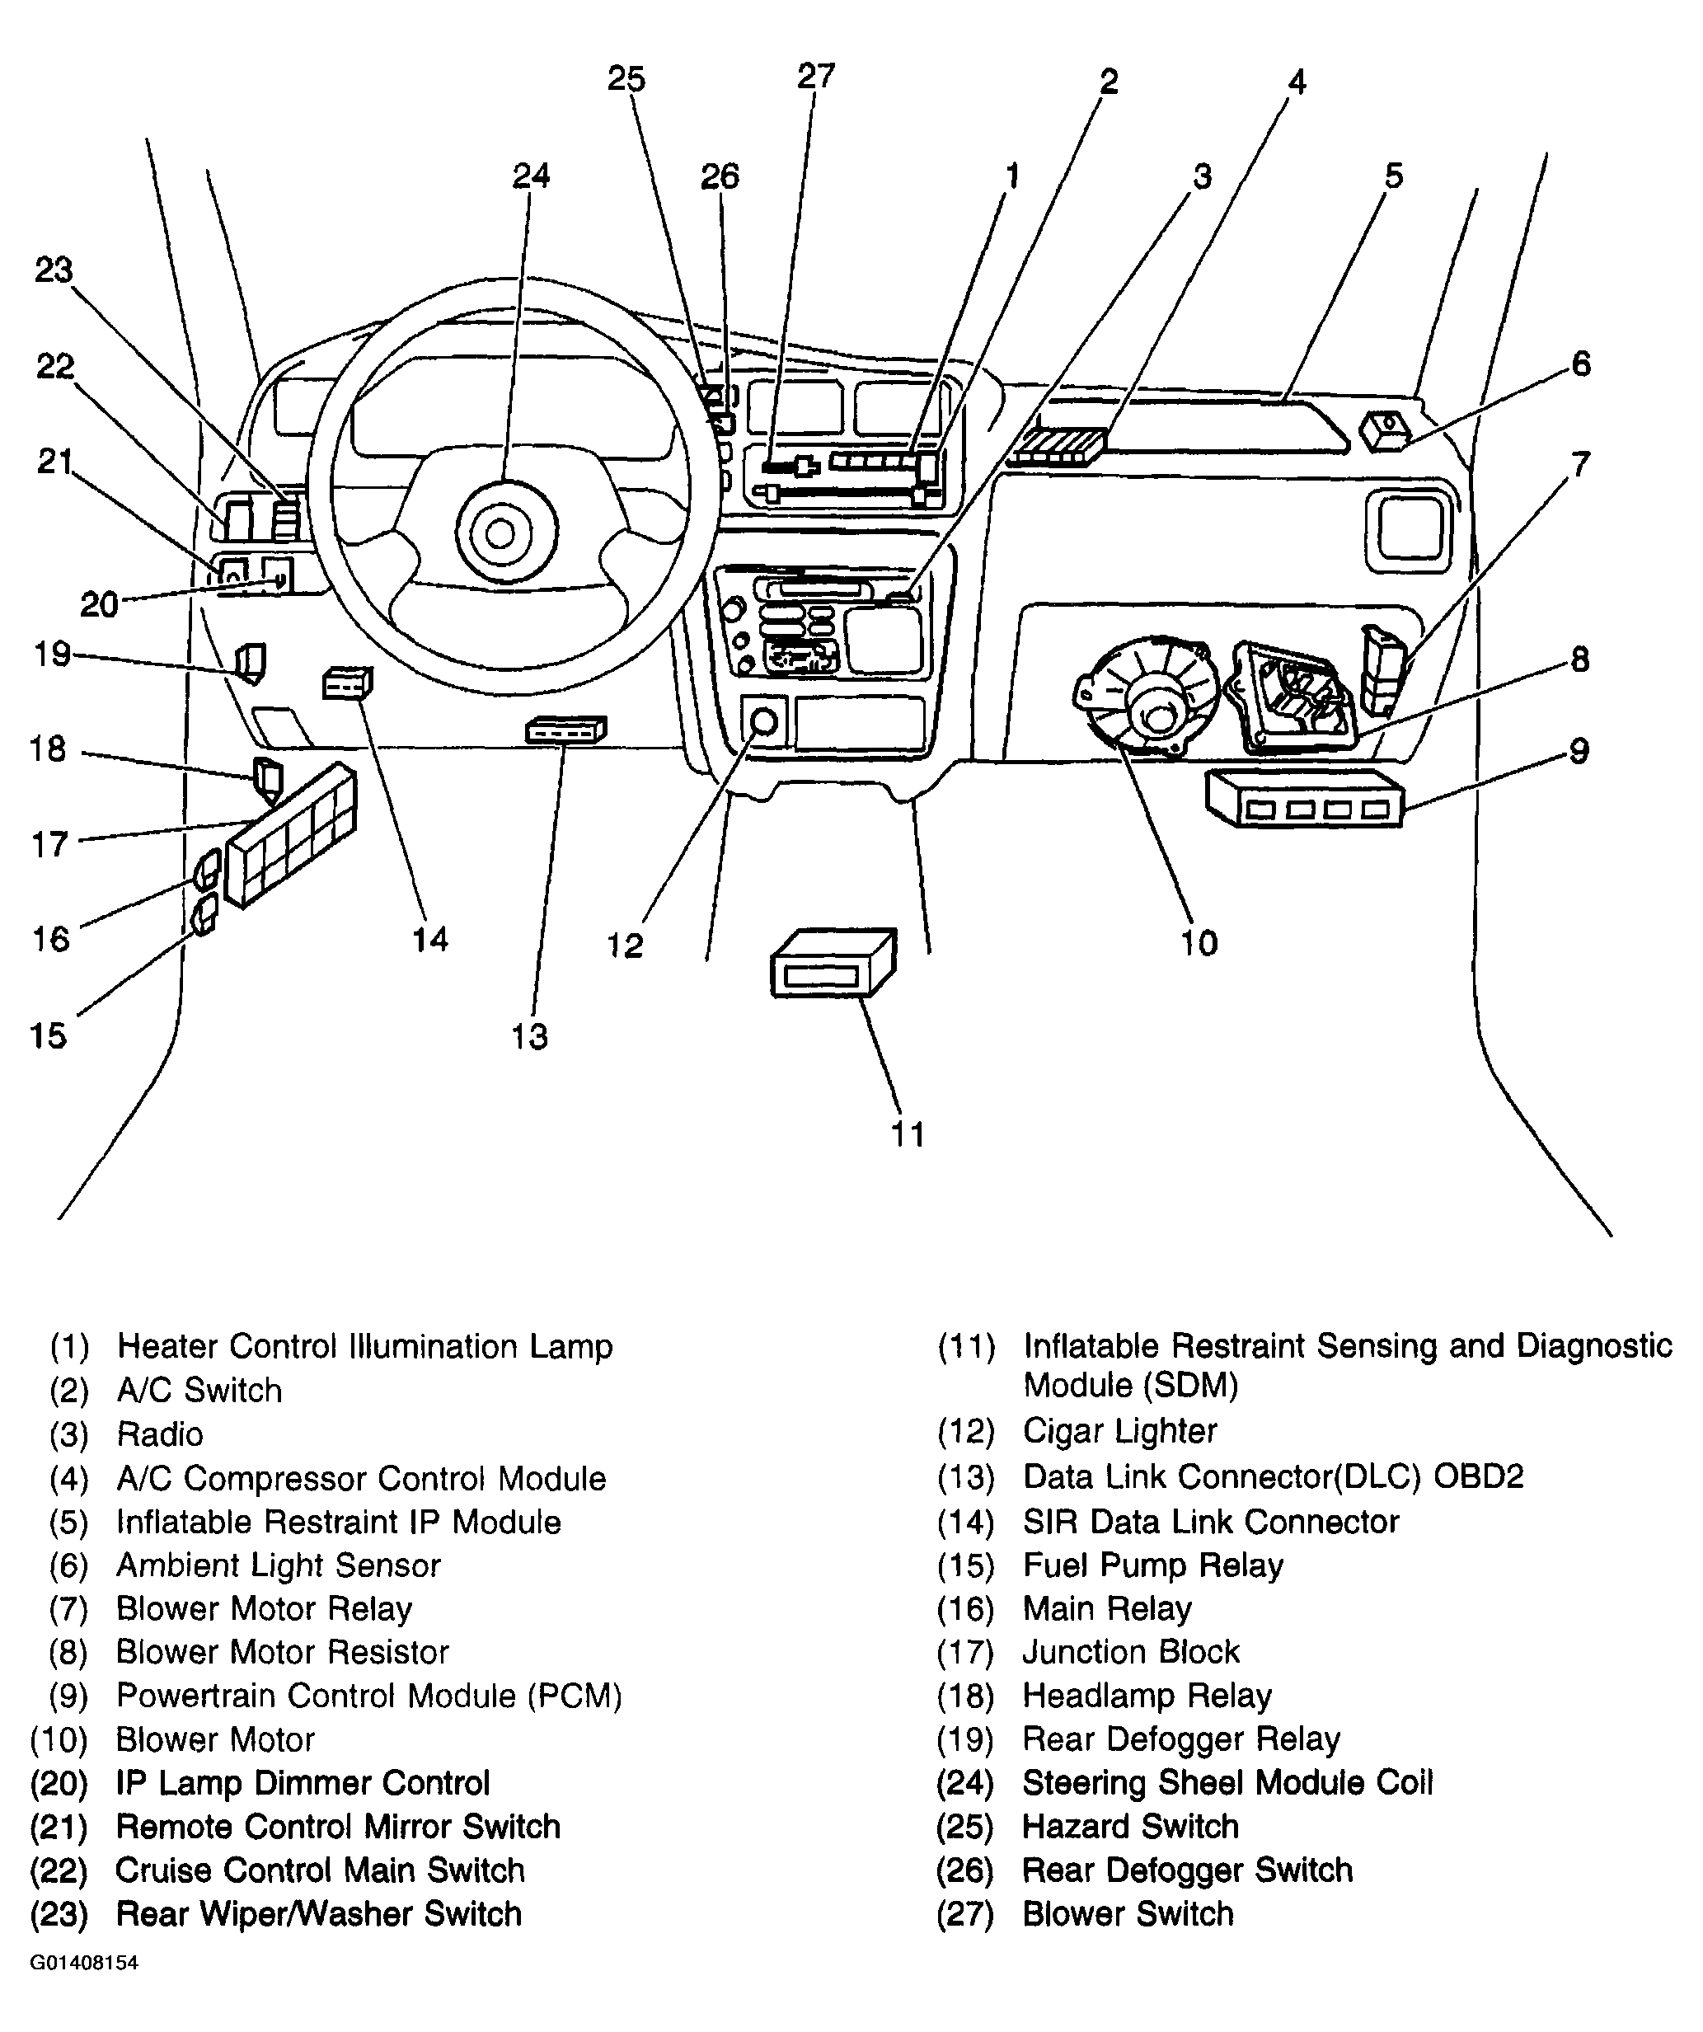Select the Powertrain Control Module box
(1304, 797)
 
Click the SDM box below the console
(833, 963)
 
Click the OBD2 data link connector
(566, 730)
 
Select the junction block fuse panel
(290, 834)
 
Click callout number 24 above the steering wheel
(531, 175)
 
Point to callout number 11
(907, 1133)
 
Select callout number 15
(49, 1035)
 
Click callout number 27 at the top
(816, 76)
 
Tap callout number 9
(1579, 750)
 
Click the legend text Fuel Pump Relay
(1152, 1565)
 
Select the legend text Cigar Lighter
(1119, 1431)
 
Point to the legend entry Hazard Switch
(1130, 1826)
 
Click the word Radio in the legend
(160, 1434)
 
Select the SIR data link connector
(346, 683)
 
